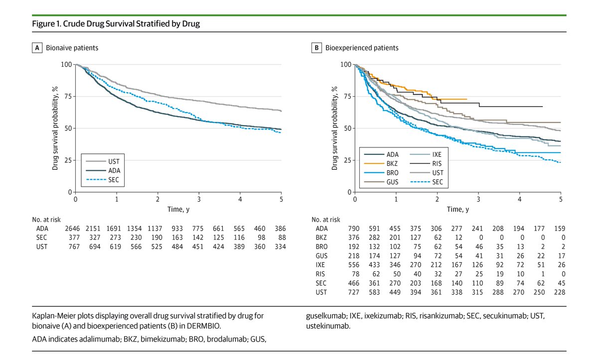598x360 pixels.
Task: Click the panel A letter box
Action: [37, 48]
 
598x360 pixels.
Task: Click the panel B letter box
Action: [316, 48]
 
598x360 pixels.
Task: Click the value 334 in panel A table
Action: [281, 246]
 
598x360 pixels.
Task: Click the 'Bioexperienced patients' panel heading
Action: [362, 48]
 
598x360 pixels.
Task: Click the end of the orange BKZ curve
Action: [466, 99]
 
